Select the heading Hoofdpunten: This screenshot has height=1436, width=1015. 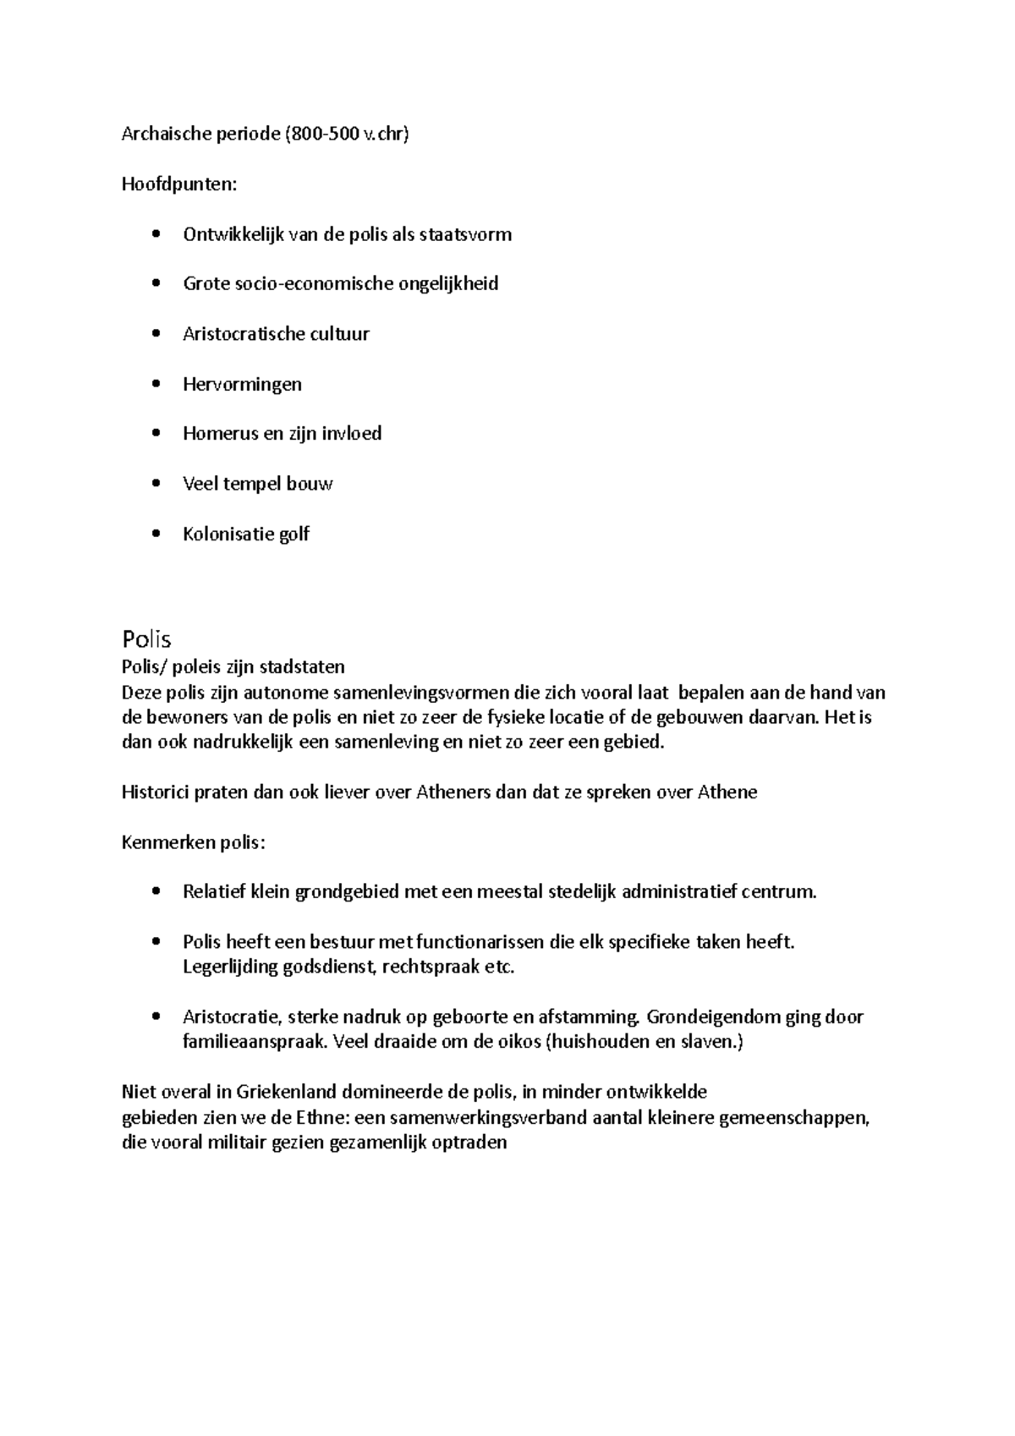pyautogui.click(x=179, y=184)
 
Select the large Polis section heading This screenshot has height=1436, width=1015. pyautogui.click(x=146, y=638)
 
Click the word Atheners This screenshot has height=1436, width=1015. pyautogui.click(x=456, y=792)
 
